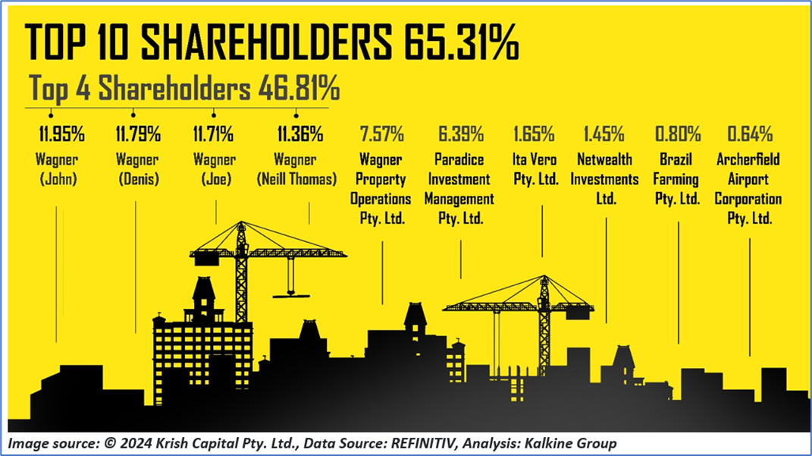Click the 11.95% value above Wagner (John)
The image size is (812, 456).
click(x=61, y=136)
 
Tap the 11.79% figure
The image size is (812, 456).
click(x=138, y=136)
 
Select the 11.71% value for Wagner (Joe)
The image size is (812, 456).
click(x=212, y=136)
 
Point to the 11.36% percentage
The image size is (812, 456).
click(x=300, y=136)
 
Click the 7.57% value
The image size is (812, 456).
click(x=381, y=136)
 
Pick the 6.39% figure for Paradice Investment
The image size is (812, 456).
click(x=461, y=136)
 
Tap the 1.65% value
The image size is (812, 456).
click(x=534, y=136)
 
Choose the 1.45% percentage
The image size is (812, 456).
click(x=604, y=136)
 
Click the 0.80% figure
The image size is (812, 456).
click(x=677, y=136)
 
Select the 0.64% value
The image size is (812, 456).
click(x=750, y=136)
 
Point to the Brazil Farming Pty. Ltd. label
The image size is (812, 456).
click(x=676, y=180)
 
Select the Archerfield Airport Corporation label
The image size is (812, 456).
click(x=749, y=190)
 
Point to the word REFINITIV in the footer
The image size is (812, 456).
click(x=393, y=443)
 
